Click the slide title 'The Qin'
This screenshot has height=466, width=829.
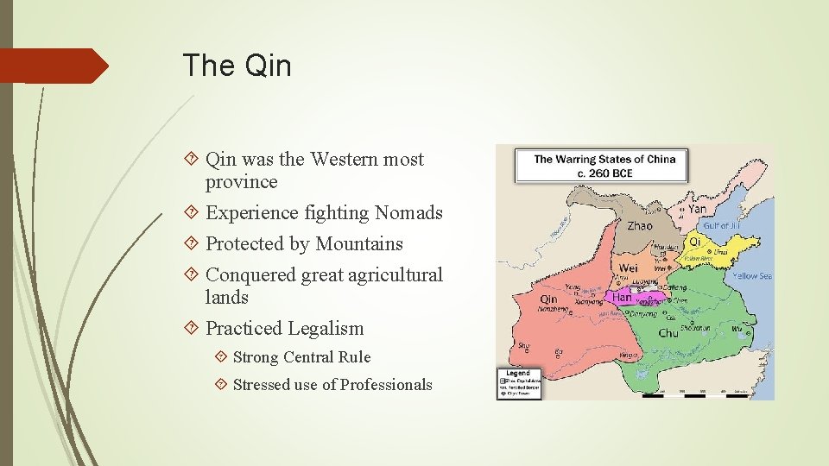[x=237, y=66]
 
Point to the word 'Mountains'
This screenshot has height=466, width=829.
[x=359, y=244]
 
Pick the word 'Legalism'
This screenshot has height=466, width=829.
[x=326, y=329]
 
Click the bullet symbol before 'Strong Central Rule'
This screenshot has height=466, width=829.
[x=221, y=357]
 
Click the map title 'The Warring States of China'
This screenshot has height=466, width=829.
[x=604, y=159]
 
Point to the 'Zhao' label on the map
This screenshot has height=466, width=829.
[x=640, y=225]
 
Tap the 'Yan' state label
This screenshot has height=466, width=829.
[x=697, y=208]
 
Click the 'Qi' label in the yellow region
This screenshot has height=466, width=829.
[x=694, y=242]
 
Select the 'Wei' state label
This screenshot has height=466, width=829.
[x=628, y=268]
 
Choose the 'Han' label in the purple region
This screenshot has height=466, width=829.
[x=622, y=297]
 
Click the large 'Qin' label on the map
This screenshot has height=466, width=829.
[x=548, y=299]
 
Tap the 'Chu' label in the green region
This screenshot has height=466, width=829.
[x=668, y=333]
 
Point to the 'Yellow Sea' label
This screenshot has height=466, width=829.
[x=753, y=276]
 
